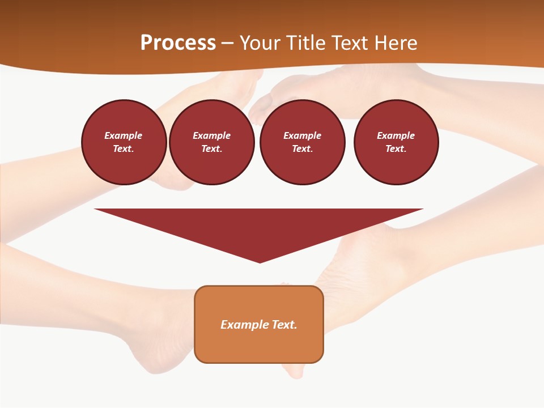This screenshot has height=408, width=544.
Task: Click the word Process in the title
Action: point(178,43)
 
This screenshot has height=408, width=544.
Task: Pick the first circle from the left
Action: point(124,142)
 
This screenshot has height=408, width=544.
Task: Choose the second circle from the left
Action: point(211,142)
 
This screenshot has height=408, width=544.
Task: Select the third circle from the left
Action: point(302,142)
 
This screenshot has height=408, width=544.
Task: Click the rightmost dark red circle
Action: point(396,142)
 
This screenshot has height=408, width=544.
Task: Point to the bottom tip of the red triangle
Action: point(260,262)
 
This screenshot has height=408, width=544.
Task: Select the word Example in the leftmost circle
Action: point(124,135)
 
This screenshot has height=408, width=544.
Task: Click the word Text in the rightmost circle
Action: point(396,149)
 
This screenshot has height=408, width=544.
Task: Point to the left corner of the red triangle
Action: point(96,210)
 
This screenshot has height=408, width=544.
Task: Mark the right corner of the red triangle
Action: point(422,210)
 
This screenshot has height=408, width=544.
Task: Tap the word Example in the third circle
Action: point(302,135)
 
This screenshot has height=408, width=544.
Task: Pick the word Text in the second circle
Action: point(211,149)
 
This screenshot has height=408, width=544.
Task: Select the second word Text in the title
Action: point(351,43)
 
